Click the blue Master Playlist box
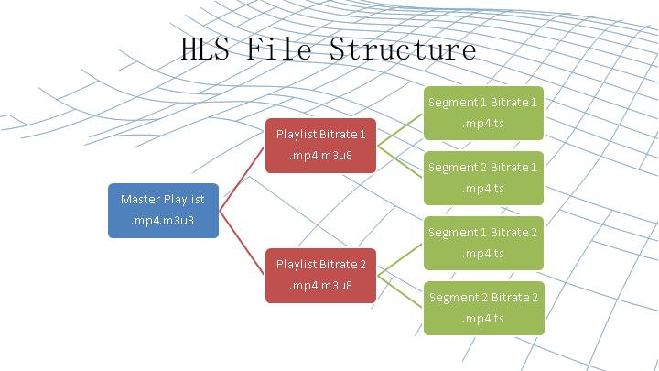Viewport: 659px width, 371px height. pos(163,211)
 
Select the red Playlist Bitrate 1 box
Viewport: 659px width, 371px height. pos(320,145)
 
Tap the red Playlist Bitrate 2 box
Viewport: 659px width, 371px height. pos(320,275)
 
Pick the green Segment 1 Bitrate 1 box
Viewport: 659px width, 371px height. pos(483,113)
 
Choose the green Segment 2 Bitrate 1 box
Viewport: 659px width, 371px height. pos(483,178)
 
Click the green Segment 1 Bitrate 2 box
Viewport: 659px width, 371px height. pos(483,243)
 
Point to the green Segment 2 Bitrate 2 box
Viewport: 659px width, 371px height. pos(483,308)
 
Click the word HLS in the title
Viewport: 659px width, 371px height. pos(208,49)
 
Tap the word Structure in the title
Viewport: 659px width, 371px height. pos(403,49)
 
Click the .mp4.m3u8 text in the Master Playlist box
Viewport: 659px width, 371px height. pos(163,221)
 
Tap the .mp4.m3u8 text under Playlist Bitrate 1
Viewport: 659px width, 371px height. pos(320,156)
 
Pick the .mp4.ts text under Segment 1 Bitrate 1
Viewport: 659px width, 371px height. pos(483,123)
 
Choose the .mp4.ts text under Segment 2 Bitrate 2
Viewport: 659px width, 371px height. pos(483,319)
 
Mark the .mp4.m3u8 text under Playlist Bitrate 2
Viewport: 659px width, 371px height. pos(320,286)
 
